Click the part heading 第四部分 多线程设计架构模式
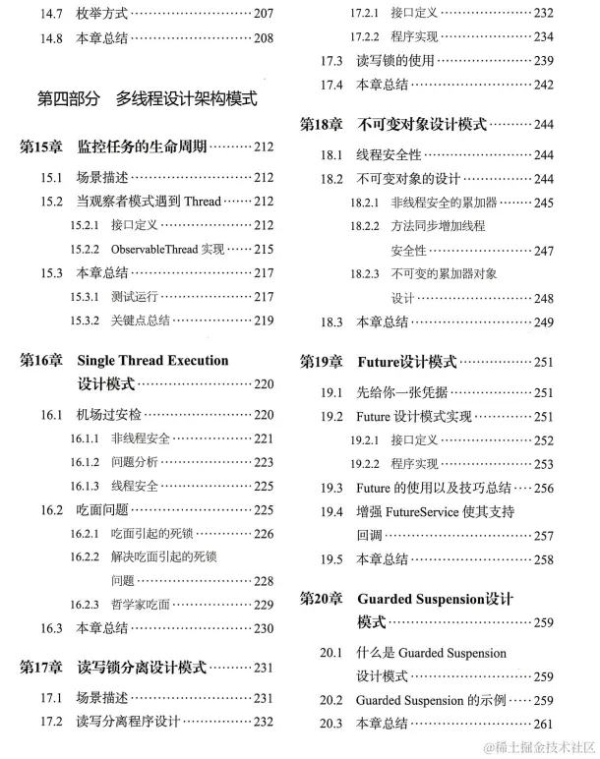147,98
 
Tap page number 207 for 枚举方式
263,14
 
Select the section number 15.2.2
85,249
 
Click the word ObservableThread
154,249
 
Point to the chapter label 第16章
41,360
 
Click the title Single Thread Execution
152,360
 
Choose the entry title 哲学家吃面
141,605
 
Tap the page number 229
263,605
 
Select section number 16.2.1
85,534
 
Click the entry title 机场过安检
109,414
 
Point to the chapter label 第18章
322,125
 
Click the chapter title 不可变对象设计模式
422,125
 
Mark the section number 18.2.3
365,273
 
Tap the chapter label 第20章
322,598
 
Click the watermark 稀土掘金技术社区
535,747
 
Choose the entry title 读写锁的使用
395,61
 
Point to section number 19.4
331,511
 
